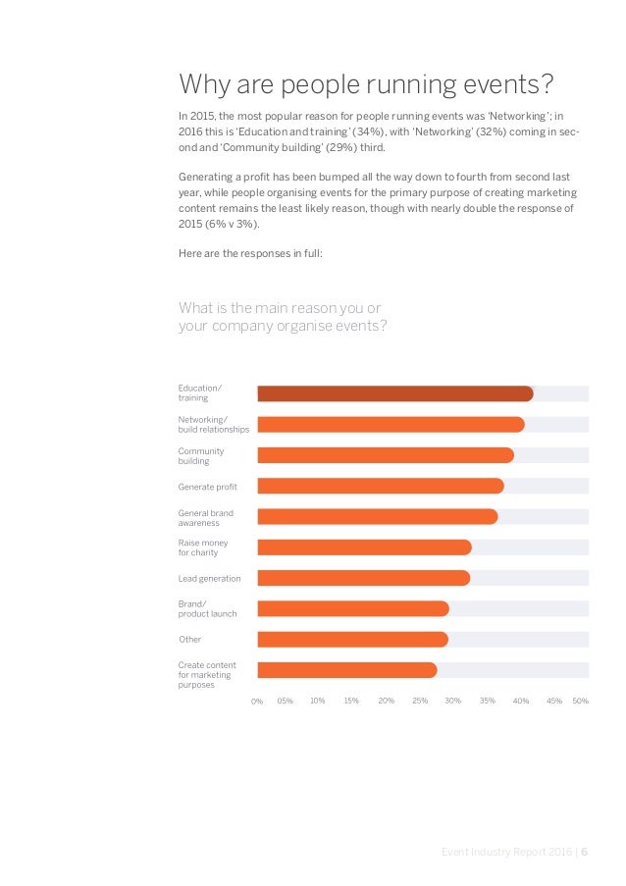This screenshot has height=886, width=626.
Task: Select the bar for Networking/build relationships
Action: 391,425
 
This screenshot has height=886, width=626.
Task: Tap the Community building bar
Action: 385,455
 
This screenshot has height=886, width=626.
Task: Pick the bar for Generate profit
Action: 380,486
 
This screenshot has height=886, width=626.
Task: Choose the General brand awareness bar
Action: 377,517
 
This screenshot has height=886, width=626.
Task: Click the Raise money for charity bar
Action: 364,547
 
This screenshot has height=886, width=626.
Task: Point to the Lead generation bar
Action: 363,578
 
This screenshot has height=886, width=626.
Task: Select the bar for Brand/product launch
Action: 352,608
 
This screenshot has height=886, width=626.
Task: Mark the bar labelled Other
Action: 352,640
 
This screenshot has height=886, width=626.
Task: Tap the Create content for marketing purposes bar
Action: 346,670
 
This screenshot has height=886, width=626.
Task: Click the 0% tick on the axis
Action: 257,702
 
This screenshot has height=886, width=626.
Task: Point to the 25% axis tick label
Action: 420,702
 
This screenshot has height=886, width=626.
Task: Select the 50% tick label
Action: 580,702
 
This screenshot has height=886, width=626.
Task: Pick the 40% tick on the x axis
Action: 521,702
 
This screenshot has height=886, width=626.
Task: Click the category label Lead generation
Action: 209,578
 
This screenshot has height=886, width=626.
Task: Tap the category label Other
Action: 189,640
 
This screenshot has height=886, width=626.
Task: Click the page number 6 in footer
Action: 585,853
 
